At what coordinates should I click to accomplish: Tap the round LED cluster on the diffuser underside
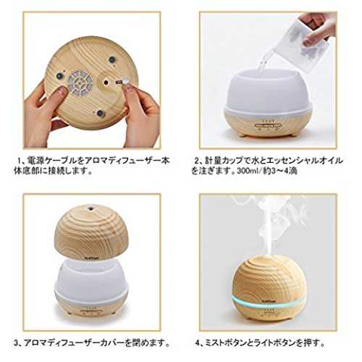80,83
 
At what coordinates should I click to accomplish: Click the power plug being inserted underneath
122,82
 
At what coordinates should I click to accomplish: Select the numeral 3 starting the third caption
16,343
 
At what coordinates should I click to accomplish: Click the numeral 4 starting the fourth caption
198,343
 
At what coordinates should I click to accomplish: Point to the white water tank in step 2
269,91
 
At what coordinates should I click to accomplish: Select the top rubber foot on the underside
111,59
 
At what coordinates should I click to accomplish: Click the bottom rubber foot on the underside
100,113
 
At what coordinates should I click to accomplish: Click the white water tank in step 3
91,280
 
